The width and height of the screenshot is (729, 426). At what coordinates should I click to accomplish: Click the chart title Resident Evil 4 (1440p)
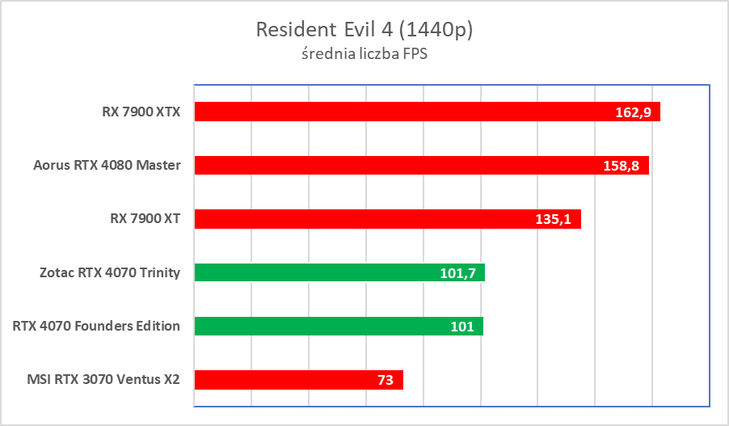click(x=364, y=30)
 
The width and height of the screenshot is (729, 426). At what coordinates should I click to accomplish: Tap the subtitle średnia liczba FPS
click(x=364, y=56)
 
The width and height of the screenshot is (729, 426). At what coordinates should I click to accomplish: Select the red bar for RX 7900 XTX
click(x=404, y=112)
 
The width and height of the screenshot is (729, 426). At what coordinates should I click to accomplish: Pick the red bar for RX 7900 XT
click(x=364, y=218)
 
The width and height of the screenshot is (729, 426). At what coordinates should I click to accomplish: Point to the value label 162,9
click(x=634, y=112)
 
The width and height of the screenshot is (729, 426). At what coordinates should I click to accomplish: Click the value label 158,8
click(x=622, y=166)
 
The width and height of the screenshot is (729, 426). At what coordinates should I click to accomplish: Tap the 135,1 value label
click(x=554, y=219)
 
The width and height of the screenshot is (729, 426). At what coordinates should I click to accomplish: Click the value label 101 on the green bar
click(x=461, y=327)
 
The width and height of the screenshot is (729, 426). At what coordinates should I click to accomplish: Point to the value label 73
click(x=385, y=380)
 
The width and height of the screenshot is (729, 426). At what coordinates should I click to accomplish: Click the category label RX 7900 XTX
click(x=136, y=112)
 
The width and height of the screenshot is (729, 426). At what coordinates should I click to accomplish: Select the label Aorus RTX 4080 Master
click(x=107, y=165)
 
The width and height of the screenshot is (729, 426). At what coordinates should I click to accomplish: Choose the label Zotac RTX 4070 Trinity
click(x=108, y=272)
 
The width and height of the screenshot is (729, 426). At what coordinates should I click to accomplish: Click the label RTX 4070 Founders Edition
click(x=96, y=326)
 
